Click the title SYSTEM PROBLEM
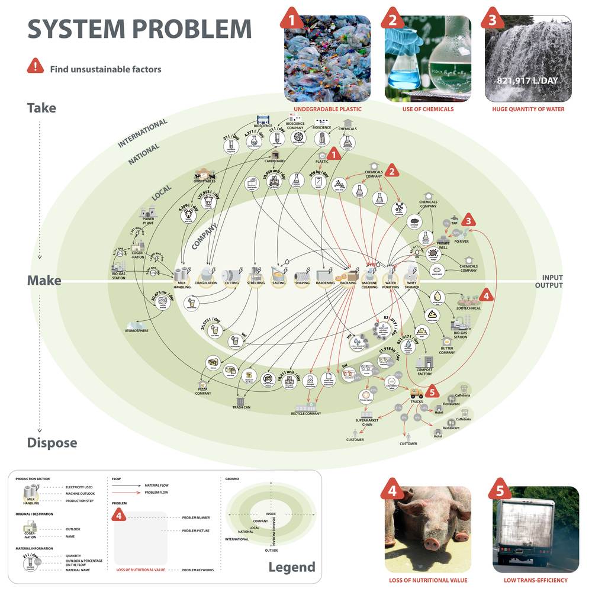140,30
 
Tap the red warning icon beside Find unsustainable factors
35,67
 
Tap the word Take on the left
41,108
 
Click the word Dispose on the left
52,443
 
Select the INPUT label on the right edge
552,277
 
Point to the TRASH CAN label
241,407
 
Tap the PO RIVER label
462,242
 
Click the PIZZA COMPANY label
203,391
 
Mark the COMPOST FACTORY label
424,372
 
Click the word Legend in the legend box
291,567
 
